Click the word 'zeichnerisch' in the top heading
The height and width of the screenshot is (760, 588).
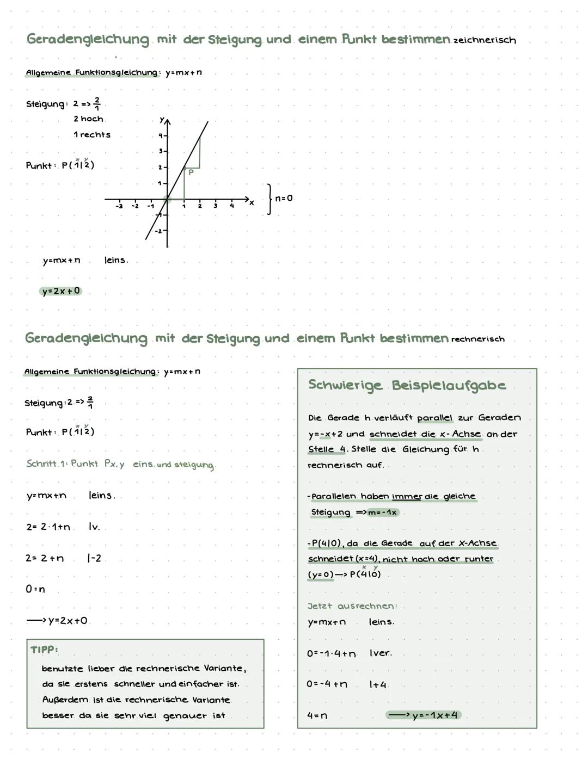tap(484, 40)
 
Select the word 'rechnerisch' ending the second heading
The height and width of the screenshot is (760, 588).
tap(477, 339)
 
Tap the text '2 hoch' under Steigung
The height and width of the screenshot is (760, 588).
tap(88, 119)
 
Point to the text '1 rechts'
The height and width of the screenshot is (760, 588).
tap(91, 135)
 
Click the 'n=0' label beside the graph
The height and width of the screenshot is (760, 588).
tap(284, 199)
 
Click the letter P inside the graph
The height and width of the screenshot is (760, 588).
tap(191, 172)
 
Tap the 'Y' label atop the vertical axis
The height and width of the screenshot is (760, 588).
tap(162, 119)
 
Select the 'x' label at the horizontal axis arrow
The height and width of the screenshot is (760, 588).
tap(252, 203)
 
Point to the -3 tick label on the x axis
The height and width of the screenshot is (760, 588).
tap(119, 206)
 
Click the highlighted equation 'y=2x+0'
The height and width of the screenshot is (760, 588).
tap(61, 292)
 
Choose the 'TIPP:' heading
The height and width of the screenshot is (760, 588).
tap(44, 650)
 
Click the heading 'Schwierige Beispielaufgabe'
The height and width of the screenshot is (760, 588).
tap(407, 386)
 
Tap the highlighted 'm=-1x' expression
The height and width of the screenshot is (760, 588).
tap(382, 512)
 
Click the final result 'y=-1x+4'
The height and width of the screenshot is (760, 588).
tap(434, 715)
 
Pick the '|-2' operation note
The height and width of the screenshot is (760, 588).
tap(94, 559)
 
